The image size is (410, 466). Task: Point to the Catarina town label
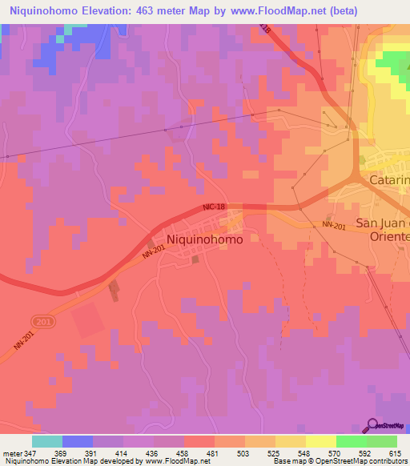click(x=389, y=180)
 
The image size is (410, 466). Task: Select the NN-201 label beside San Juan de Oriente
click(x=334, y=225)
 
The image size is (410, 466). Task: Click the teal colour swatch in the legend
click(x=47, y=441)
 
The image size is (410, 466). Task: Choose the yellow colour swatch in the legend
click(x=320, y=441)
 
